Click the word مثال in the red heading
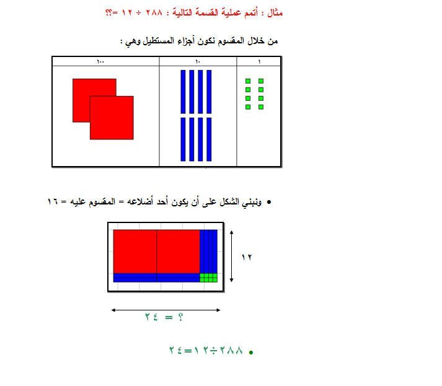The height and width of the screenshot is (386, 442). [275, 12]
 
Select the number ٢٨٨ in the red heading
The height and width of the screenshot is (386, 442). [154, 12]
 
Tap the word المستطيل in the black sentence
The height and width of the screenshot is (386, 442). [159, 41]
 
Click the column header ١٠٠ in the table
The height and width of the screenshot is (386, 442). [100, 61]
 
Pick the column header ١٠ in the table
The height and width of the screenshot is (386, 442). [198, 61]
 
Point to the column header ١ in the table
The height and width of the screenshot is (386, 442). [259, 61]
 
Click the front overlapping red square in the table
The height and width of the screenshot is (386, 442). [112, 118]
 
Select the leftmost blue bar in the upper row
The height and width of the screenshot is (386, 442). [183, 92]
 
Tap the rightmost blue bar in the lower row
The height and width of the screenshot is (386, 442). [209, 139]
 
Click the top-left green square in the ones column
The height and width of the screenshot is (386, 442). [248, 81]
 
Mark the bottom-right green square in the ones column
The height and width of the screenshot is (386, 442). [261, 107]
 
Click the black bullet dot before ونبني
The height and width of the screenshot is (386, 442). [269, 202]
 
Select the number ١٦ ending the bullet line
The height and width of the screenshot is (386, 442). [53, 202]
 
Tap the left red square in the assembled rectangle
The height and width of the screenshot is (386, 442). [135, 252]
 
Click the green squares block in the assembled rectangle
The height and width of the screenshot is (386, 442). [208, 278]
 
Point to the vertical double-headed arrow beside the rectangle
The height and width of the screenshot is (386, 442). [231, 256]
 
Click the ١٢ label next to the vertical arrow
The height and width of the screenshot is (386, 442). [247, 257]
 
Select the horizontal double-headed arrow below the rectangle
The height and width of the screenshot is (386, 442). [166, 310]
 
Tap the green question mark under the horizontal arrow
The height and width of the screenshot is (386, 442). [180, 317]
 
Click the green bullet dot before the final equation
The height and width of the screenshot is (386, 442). [251, 352]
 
